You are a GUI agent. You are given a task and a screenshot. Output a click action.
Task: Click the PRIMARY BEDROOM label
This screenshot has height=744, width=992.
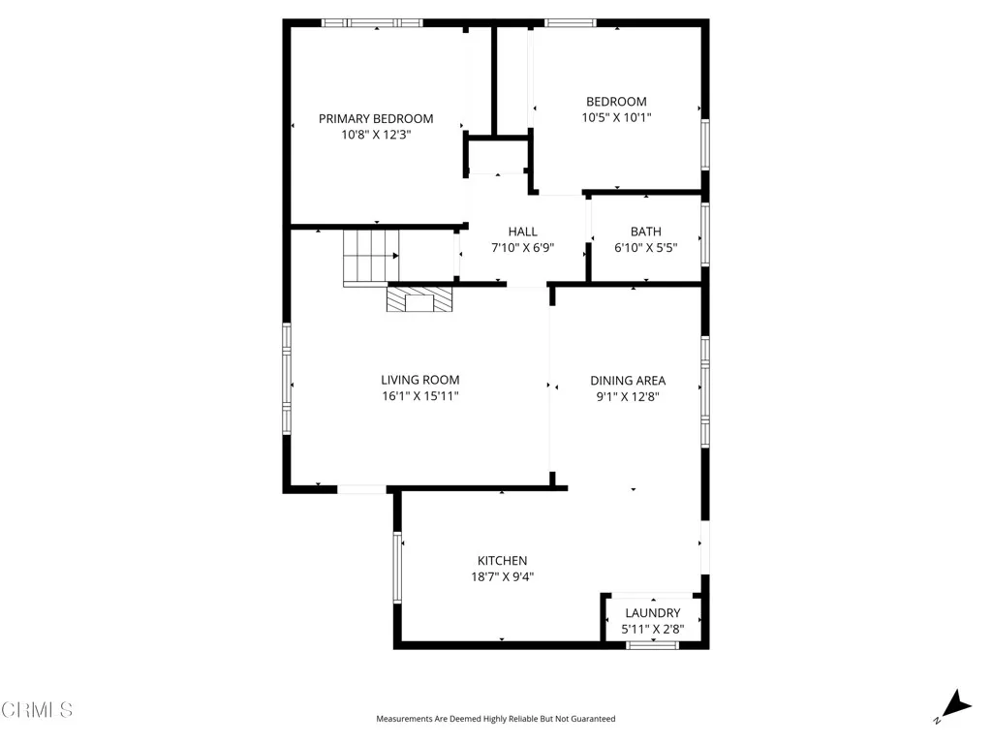click(x=376, y=118)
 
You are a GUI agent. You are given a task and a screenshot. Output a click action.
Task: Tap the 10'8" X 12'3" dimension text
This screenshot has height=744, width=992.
click(x=376, y=136)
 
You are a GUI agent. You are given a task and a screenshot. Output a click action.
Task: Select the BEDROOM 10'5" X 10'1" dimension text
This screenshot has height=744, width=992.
click(x=616, y=118)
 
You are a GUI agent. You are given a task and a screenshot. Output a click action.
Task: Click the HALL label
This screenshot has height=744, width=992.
click(x=522, y=232)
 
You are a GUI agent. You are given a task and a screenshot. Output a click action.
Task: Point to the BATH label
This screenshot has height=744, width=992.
click(x=646, y=232)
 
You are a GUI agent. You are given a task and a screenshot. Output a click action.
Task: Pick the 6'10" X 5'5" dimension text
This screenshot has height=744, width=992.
click(x=646, y=248)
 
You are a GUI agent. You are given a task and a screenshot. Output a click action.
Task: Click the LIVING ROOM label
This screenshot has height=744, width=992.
click(x=419, y=380)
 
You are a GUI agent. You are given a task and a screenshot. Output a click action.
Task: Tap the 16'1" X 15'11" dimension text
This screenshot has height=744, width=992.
click(x=419, y=396)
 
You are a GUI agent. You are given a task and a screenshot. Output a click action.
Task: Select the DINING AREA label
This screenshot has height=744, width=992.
click(x=628, y=381)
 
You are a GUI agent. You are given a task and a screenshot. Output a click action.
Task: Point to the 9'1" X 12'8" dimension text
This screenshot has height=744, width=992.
click(x=628, y=396)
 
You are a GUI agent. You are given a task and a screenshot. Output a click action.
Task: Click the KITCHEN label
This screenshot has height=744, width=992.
click(x=502, y=561)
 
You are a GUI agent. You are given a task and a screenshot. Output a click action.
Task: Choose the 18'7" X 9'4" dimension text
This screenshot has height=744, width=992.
click(x=502, y=577)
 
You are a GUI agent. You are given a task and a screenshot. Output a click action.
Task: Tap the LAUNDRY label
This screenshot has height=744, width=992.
click(x=652, y=613)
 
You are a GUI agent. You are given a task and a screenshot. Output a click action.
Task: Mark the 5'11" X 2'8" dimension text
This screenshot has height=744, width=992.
click(x=652, y=630)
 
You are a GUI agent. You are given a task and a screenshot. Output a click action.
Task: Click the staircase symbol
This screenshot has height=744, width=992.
click(x=371, y=257)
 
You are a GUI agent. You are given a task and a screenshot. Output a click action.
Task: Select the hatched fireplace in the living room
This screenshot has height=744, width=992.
click(x=419, y=299)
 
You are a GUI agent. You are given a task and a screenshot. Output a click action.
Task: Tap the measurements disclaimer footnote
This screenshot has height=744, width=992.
click(x=495, y=719)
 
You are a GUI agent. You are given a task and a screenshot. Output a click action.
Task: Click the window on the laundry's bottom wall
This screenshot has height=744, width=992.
click(x=652, y=644)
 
